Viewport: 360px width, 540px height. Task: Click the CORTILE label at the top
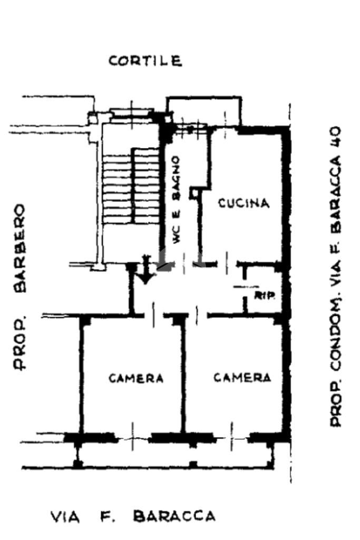tap(145, 61)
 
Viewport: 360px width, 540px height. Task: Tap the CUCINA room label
tap(244, 203)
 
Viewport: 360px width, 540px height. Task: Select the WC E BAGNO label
tap(177, 200)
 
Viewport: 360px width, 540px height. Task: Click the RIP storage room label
tap(265, 295)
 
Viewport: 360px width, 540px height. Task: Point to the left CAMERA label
tap(136, 378)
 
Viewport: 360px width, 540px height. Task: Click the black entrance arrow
tap(145, 272)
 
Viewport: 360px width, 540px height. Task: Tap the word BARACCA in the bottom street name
tap(174, 516)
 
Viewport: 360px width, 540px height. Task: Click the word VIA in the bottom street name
tap(65, 517)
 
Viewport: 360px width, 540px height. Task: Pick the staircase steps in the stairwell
tap(131, 187)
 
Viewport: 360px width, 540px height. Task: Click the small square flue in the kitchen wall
tap(194, 194)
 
